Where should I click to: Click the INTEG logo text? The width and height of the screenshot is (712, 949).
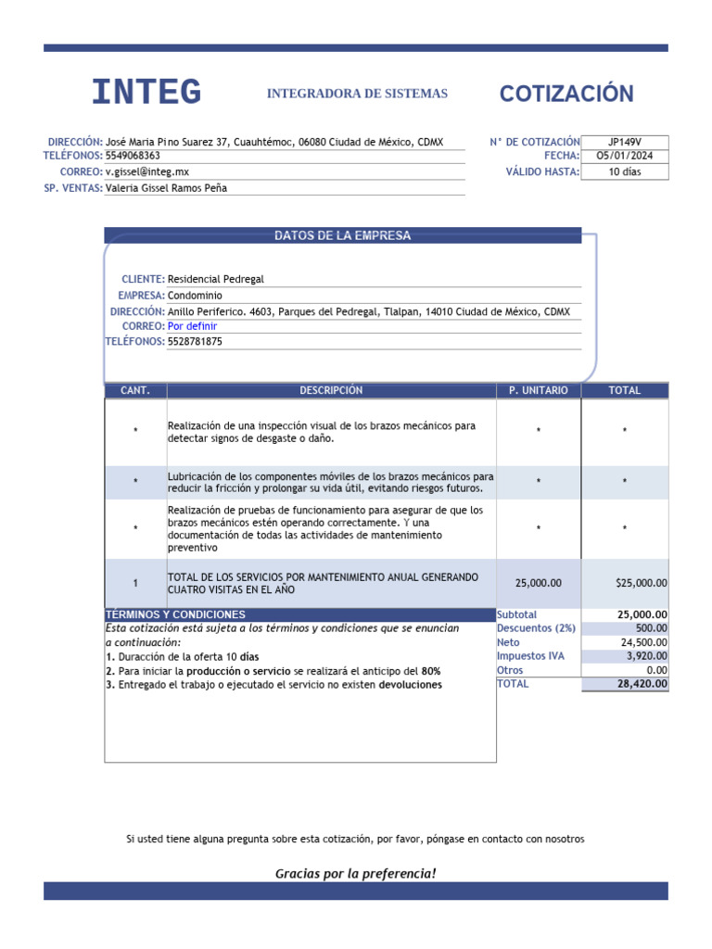tap(146, 93)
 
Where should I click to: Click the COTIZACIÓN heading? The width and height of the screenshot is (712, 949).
tap(566, 94)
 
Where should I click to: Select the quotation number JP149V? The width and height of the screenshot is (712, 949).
tap(624, 142)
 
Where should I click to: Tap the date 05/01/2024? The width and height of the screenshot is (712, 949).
tap(624, 157)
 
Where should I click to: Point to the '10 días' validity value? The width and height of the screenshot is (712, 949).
tap(624, 171)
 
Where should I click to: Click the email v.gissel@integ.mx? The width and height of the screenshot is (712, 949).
tap(147, 172)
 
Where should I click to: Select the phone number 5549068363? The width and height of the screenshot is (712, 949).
tap(133, 157)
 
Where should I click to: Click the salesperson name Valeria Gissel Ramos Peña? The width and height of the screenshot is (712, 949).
tap(166, 188)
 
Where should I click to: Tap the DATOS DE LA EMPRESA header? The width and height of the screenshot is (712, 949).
tap(342, 236)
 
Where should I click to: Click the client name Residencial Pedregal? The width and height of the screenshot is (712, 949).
tap(215, 279)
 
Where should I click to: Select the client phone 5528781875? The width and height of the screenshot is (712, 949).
tap(195, 342)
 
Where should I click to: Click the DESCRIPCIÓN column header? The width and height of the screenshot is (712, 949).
tap(331, 391)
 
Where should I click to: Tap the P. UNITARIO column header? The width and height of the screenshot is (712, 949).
tap(539, 391)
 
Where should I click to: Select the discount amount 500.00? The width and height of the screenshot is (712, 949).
tap(650, 628)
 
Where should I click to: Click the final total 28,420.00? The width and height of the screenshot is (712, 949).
tap(642, 684)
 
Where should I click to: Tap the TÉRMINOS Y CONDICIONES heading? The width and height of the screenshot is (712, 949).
tap(176, 615)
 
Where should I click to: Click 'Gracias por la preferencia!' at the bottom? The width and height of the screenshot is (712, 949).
tap(355, 874)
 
